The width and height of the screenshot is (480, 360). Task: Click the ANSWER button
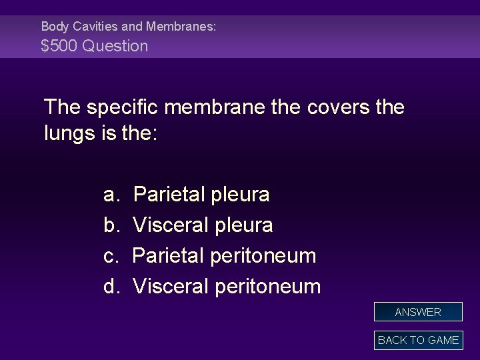[418, 312]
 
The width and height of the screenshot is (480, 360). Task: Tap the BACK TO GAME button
[418, 340]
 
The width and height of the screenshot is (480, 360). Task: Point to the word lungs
[71, 133]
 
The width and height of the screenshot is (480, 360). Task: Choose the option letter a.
[110, 195]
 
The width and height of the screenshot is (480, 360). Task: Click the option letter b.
[110, 225]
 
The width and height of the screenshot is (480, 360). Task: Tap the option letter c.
[110, 256]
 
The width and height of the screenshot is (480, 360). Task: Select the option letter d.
[110, 287]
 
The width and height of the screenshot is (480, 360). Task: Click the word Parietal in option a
[169, 195]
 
